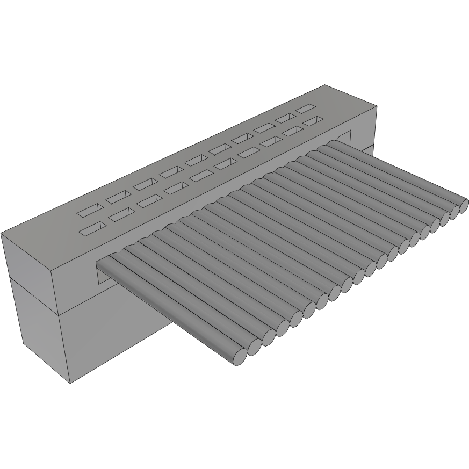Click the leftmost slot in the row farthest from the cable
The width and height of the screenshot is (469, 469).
(90, 210)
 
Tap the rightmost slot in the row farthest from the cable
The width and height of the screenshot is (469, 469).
(306, 108)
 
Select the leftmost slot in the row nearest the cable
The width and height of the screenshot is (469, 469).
(92, 230)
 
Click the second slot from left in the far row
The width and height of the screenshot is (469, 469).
(119, 197)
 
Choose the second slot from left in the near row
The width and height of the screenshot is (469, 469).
(122, 215)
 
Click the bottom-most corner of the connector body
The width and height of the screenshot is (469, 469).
(71, 384)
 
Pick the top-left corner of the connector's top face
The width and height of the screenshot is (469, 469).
(2, 234)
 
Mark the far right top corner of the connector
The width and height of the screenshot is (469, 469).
(326, 85)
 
